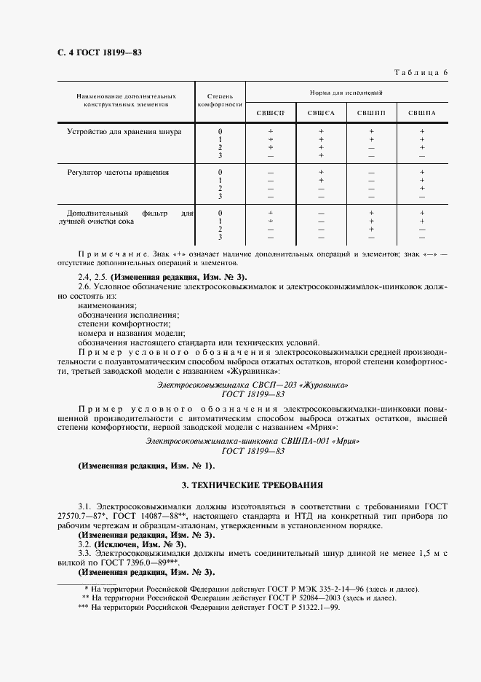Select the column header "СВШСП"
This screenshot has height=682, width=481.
point(270,112)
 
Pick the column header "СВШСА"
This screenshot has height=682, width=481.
point(320,112)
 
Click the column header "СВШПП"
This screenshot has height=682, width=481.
point(371,112)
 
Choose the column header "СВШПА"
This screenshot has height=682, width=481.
point(421,112)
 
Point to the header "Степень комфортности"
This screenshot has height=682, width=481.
point(220,100)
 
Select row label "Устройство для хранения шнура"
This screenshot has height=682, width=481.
point(124,132)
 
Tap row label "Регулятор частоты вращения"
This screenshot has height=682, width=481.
point(118,173)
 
